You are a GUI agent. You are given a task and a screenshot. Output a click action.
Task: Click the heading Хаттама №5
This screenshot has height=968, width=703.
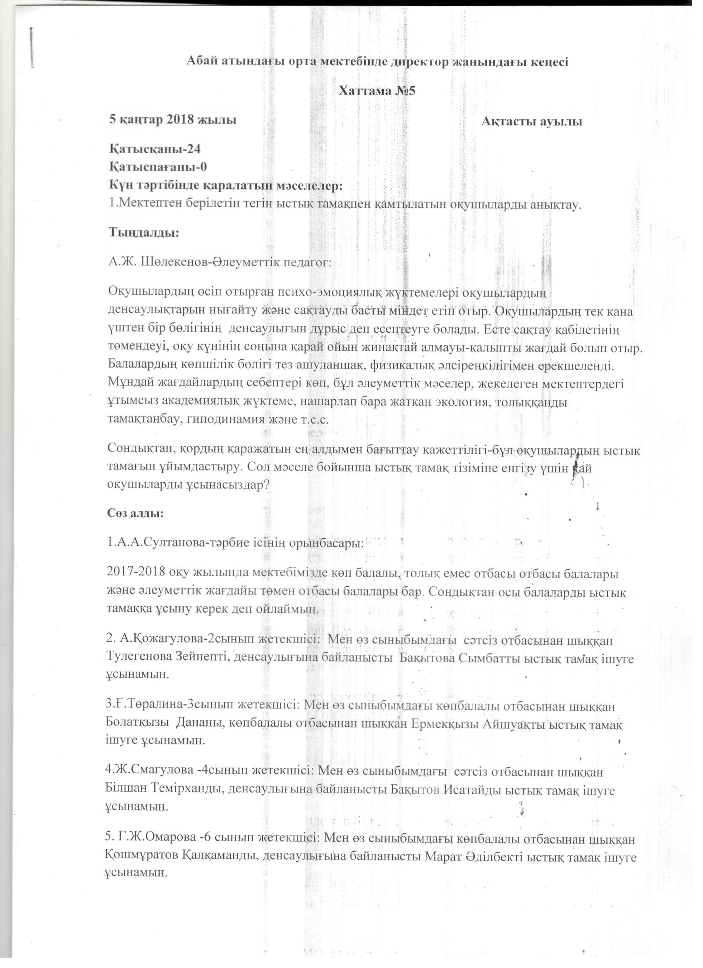pos(377,92)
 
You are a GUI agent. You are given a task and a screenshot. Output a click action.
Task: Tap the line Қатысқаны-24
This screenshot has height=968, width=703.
pos(155,149)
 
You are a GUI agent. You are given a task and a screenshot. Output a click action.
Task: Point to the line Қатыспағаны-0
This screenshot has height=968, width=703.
pos(158,167)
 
